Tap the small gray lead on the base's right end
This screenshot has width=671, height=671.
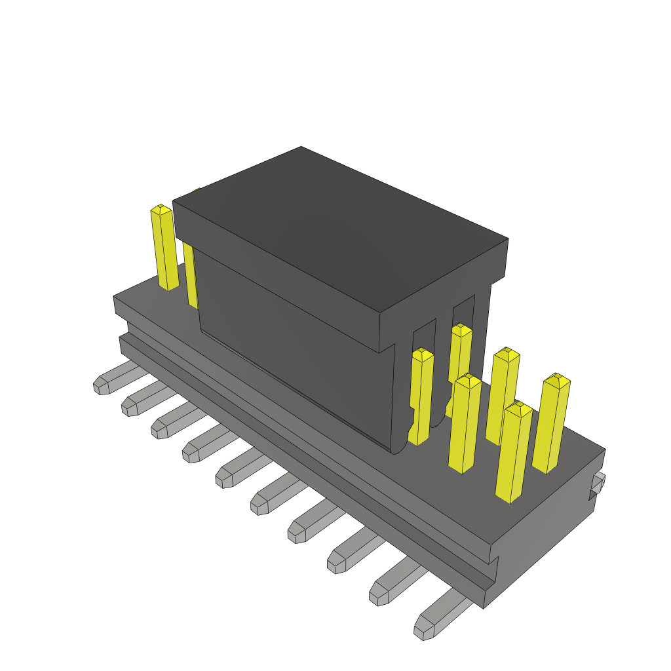(598, 484)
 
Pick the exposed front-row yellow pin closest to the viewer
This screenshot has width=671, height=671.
(513, 452)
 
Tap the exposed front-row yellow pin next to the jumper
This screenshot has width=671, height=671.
(465, 423)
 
